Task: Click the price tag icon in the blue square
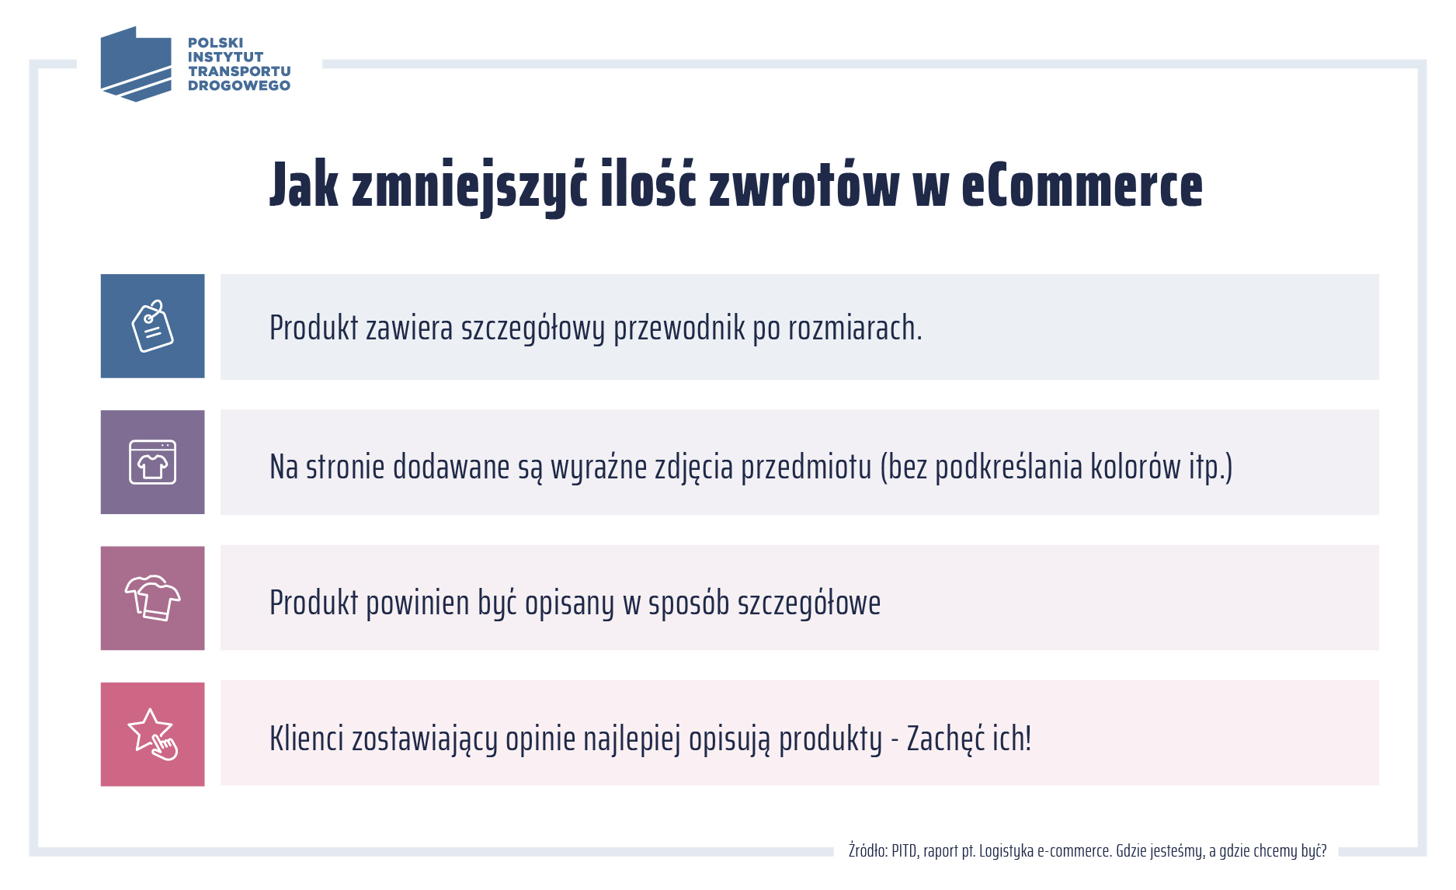point(152,326)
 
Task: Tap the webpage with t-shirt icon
point(152,462)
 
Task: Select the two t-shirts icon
point(152,598)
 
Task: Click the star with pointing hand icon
point(152,735)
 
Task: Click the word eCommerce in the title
point(1082,186)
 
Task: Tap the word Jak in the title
point(304,186)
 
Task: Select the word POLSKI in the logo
point(215,43)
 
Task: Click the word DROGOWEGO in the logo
point(238,85)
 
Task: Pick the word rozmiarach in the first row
point(854,329)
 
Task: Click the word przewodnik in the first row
point(679,329)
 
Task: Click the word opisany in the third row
point(569,603)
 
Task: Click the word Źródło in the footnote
point(867,851)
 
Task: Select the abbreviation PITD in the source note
point(904,851)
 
